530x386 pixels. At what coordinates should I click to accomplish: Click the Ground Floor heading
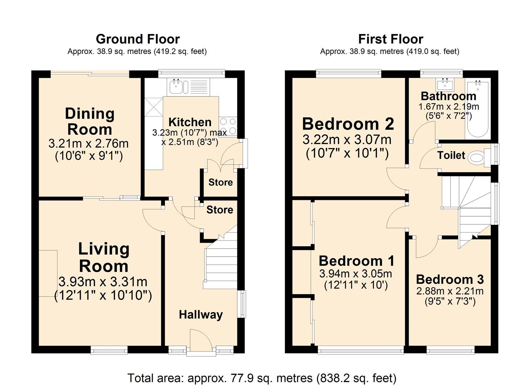coord(137,39)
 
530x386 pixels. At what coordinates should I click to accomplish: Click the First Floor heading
coord(390,39)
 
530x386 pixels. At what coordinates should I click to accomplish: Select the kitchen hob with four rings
coord(228,126)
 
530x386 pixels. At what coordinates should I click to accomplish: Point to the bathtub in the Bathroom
coord(478,109)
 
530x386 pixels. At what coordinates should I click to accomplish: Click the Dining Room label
coord(90,122)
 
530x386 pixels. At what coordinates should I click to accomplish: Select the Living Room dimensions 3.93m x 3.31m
coord(103,282)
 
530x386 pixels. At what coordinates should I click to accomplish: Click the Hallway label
coord(201,315)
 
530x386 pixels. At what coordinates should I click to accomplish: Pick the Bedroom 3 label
coord(450,279)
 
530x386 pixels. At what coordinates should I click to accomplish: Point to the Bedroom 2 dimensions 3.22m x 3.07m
coord(347,139)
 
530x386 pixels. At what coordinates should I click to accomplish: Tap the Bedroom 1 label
coord(356,261)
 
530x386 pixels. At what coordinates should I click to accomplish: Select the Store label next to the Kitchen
coord(220,182)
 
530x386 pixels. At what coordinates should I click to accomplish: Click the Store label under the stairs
coord(219,210)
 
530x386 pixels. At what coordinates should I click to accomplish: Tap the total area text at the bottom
coord(262,378)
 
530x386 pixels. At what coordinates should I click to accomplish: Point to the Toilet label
coord(451,155)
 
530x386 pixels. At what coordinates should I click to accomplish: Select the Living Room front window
coord(109,350)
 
